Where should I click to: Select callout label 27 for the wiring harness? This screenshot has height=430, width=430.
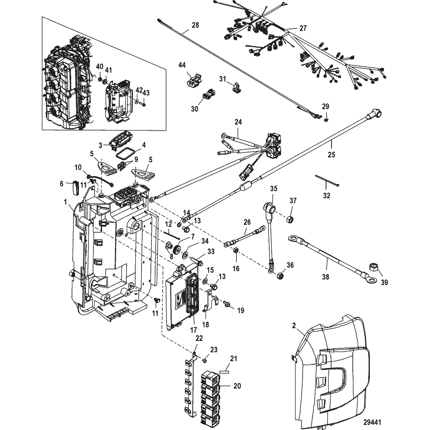pos(303,28)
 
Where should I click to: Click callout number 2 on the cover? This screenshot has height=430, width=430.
pos(294,325)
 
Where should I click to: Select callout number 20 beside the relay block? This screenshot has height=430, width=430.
pos(237,386)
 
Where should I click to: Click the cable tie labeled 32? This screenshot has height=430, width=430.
pos(327,181)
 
